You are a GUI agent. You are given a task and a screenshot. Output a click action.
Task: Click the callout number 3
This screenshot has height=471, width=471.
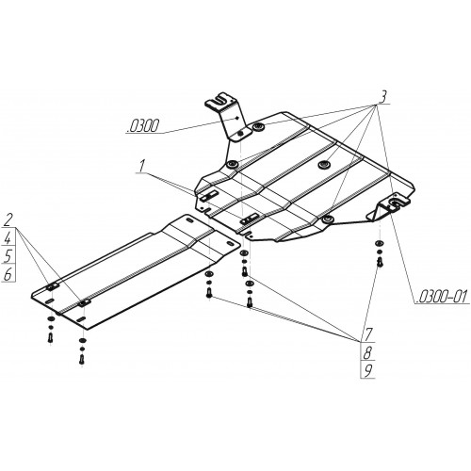[382, 97]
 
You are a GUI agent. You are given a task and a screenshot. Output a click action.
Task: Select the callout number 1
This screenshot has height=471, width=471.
[142, 166]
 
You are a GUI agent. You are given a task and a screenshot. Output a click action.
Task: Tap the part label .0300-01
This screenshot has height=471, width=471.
[442, 297]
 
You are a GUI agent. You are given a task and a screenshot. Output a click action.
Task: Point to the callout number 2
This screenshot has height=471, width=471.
[8, 220]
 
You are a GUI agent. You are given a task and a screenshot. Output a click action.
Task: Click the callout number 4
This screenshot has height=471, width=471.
[8, 238]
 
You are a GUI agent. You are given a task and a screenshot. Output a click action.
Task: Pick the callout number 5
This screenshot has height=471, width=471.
[8, 256]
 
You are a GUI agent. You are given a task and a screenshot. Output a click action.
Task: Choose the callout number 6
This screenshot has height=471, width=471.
[8, 274]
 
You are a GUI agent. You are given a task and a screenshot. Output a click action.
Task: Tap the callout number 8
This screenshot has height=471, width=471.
[368, 352]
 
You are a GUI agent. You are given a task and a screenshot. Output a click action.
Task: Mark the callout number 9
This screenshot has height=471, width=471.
[368, 371]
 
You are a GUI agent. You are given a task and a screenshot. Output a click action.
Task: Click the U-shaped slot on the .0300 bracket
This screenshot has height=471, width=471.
[219, 100]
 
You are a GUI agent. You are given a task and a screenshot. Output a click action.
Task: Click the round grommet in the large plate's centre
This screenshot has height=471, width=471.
[323, 165]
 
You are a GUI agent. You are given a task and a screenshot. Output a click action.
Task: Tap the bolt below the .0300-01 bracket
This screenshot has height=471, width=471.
[380, 262]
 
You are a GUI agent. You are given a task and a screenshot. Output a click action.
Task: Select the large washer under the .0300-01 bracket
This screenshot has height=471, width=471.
[379, 243]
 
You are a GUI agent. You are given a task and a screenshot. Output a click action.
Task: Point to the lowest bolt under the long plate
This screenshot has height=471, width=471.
[82, 359]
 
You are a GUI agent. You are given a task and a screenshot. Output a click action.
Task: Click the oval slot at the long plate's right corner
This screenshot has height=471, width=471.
[230, 244]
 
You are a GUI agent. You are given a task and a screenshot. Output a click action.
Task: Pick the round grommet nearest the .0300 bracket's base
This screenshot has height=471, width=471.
[233, 164]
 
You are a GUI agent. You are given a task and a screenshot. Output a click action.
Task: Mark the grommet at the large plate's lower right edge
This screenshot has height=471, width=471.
[327, 219]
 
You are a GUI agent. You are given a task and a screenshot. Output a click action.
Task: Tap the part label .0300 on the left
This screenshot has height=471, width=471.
[143, 127]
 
